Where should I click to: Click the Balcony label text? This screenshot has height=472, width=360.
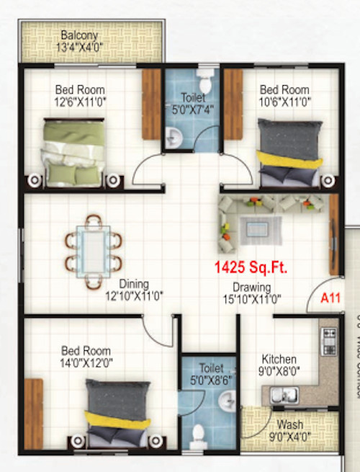point(79,35)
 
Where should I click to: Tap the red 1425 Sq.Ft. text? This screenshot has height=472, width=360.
point(251,268)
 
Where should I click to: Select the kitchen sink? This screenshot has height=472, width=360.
point(280,394)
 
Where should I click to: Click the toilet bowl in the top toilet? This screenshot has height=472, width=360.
point(207,77)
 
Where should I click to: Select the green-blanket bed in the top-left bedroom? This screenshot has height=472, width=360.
point(74,152)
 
